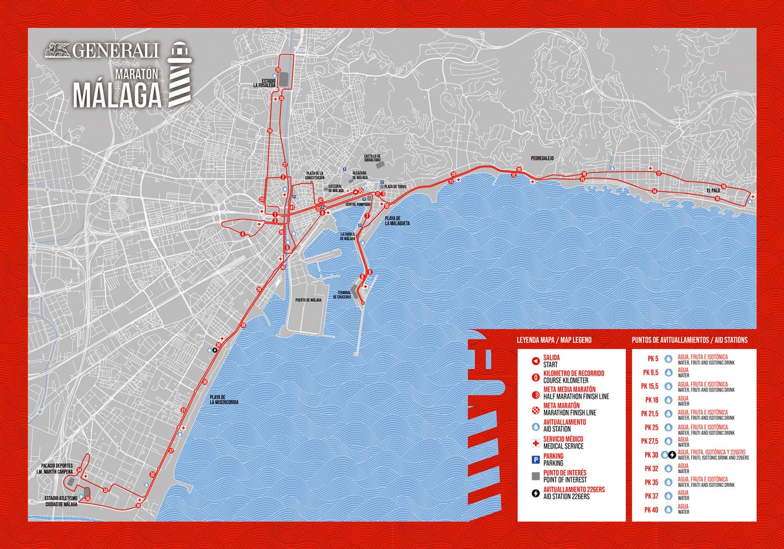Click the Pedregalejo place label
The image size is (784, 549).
pos(542,158)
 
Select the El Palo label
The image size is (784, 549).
pos(713,190)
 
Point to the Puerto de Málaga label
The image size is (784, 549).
pos(308,300)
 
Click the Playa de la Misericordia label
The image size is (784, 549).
pos(224,399)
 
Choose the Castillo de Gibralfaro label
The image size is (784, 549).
pos(372,158)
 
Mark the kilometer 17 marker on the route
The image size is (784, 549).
pos(659,174)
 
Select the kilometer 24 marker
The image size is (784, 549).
pos(269,131)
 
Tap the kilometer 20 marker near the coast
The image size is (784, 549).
pos(453,175)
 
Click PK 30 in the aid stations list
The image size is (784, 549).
pos(651,455)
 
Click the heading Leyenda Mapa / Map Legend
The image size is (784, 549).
pos(554,340)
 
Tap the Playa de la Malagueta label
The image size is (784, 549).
pos(397,221)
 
